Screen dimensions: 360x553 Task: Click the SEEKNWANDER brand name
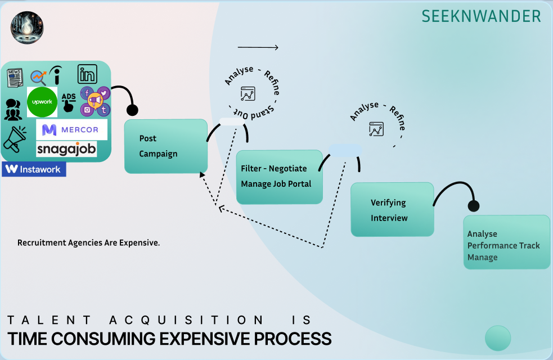(481, 16)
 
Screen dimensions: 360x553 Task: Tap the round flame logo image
(27, 28)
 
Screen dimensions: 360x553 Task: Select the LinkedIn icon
(87, 74)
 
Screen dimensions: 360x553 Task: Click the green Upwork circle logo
(42, 102)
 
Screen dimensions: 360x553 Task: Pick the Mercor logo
(71, 130)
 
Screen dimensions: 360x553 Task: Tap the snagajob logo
(66, 149)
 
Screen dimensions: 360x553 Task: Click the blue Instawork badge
(34, 169)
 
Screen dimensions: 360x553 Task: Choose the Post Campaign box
(166, 146)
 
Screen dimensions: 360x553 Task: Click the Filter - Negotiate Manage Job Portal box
(279, 177)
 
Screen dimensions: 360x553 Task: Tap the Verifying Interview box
(392, 209)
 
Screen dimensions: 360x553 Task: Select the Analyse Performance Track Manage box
(506, 242)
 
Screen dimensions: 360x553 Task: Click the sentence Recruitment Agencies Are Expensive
(89, 243)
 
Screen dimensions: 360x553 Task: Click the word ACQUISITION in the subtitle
(186, 320)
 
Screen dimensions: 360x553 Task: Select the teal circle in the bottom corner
(498, 338)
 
